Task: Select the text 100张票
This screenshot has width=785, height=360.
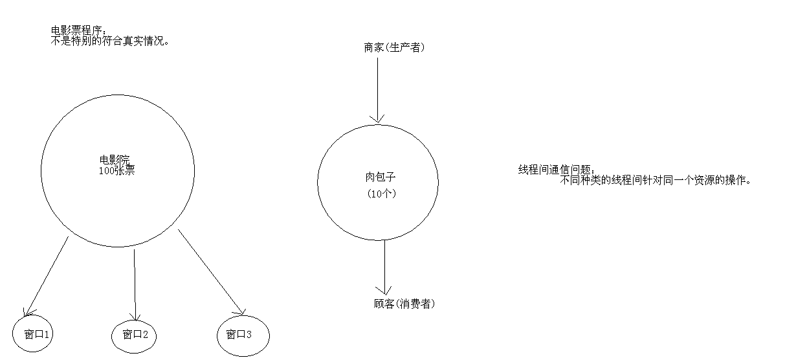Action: [116, 171]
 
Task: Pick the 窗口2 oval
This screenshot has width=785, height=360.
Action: [135, 335]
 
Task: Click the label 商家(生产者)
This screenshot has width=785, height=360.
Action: [394, 47]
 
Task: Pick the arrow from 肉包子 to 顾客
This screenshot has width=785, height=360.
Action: [385, 265]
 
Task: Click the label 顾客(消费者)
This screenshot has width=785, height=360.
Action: [404, 304]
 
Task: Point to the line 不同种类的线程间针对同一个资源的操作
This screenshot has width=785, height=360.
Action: [656, 180]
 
